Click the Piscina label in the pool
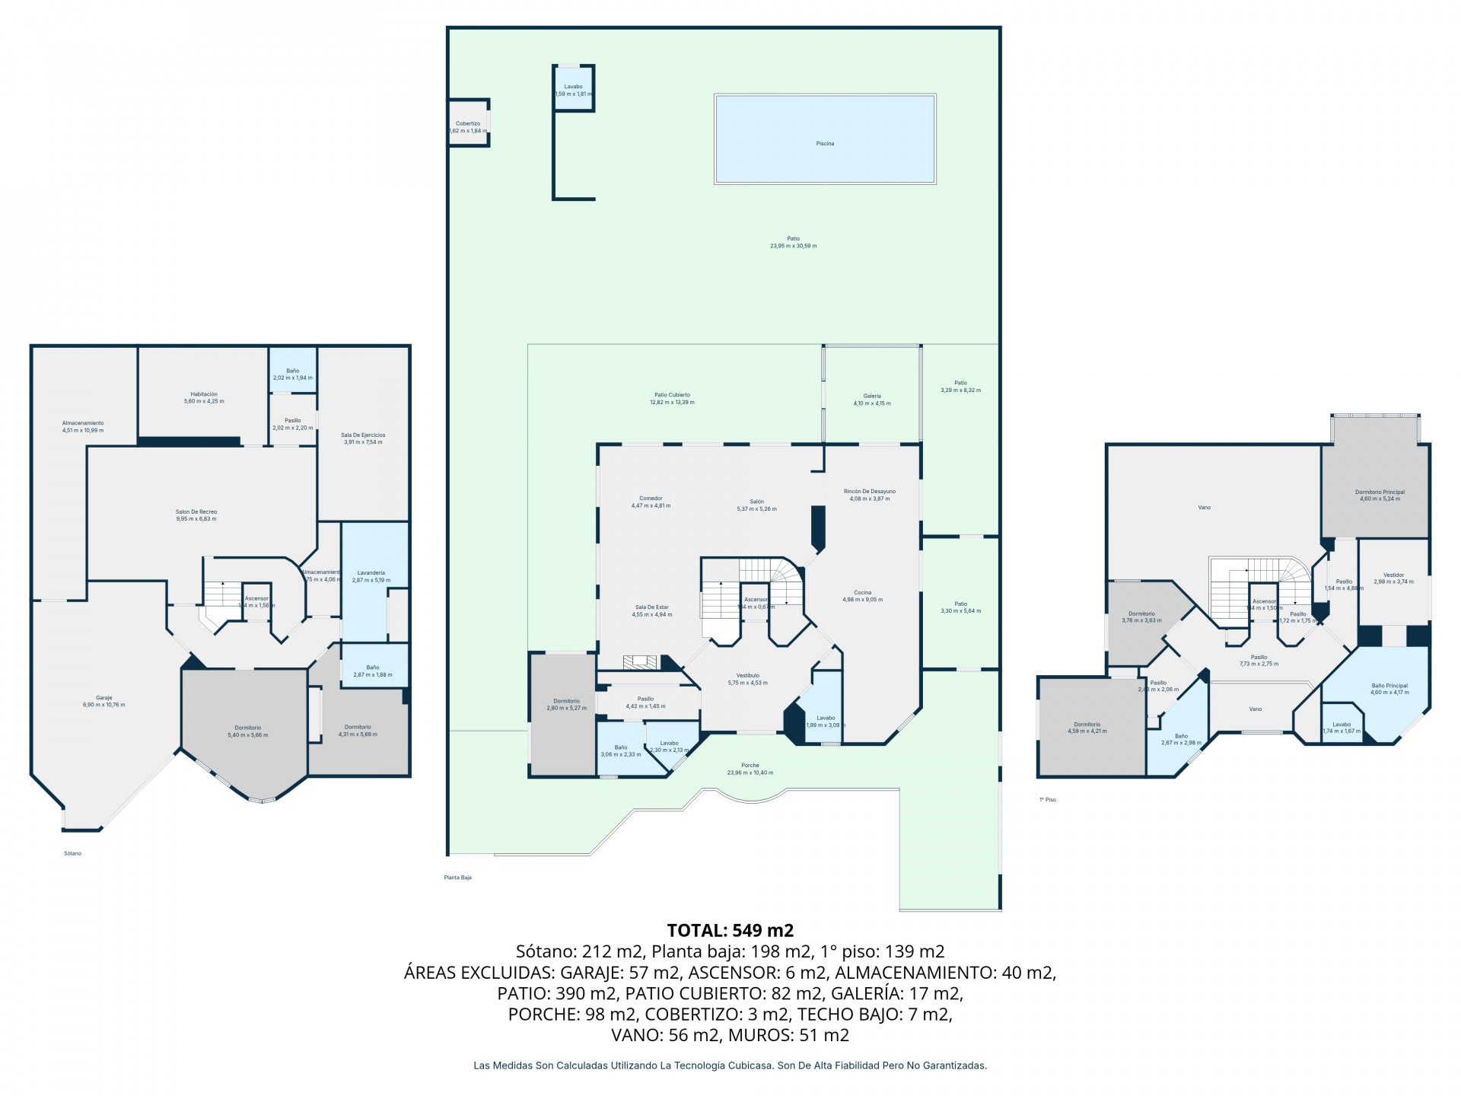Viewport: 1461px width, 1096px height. click(x=825, y=143)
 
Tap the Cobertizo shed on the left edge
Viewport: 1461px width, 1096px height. click(x=468, y=123)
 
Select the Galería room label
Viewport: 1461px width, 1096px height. click(x=872, y=396)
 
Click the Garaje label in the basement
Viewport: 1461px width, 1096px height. click(x=103, y=697)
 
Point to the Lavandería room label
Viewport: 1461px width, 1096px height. click(x=371, y=572)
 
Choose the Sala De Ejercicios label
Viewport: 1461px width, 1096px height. click(x=363, y=435)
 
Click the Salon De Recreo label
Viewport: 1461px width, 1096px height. click(x=196, y=511)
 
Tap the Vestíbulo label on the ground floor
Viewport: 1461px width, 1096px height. click(x=747, y=675)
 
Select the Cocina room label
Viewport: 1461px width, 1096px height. click(x=862, y=592)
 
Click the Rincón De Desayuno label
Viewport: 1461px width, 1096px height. click(x=870, y=491)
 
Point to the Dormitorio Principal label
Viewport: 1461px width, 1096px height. click(x=1380, y=492)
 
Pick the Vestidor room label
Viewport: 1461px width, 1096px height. click(x=1393, y=575)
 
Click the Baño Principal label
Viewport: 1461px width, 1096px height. click(x=1389, y=685)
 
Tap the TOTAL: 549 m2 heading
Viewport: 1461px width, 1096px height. click(x=730, y=930)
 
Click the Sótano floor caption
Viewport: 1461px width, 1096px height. click(x=72, y=853)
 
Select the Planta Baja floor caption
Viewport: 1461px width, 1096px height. click(x=457, y=878)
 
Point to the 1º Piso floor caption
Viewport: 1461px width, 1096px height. click(x=1048, y=800)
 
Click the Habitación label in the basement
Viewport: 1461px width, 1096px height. click(x=204, y=393)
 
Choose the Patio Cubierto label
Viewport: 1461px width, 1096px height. click(x=672, y=395)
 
